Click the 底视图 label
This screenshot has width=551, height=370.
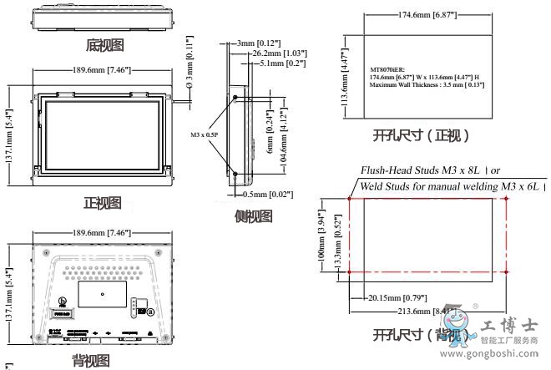106,44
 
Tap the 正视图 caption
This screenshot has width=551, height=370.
103,202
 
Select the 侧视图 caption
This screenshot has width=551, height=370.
254,217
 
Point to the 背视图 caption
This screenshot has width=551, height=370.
90,361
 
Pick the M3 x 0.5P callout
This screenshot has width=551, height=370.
204,134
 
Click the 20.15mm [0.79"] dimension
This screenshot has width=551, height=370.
397,297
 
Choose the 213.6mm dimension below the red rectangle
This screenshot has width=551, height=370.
421,311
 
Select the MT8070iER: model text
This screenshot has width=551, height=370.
389,69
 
